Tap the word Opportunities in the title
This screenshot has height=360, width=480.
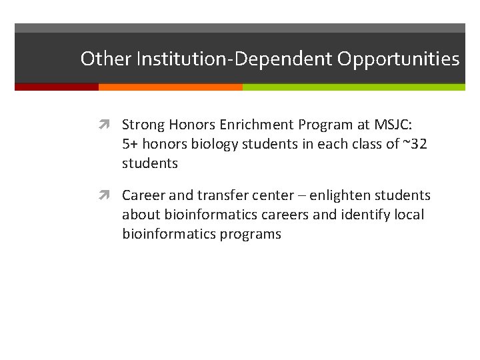coord(398,59)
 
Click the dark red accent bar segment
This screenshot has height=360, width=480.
coord(57,87)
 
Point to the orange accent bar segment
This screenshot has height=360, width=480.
coord(170,87)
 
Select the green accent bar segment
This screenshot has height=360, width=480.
coord(353,87)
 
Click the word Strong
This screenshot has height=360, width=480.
coord(142,125)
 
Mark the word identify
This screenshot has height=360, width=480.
coord(371,215)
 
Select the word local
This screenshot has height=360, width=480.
coord(409,215)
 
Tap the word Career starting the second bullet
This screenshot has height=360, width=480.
coord(143,196)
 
